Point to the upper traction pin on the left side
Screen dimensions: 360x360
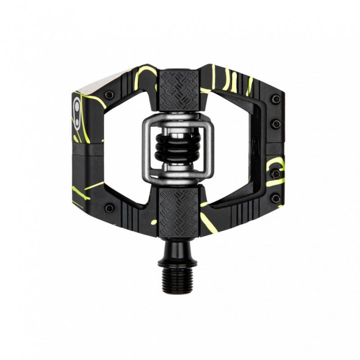(109, 95)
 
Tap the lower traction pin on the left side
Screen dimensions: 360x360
(109, 207)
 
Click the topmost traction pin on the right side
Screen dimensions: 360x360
(275, 99)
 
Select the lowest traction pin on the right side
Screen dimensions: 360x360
(275, 198)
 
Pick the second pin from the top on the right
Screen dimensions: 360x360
(275, 124)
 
